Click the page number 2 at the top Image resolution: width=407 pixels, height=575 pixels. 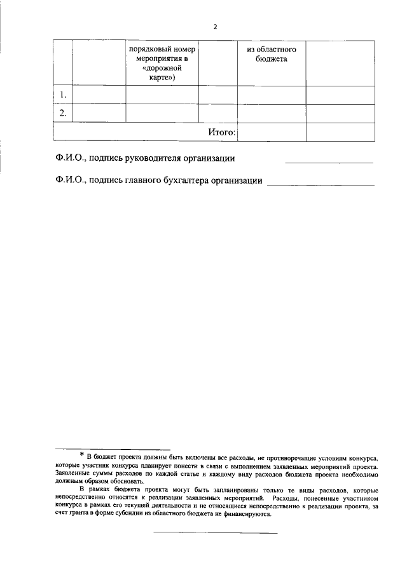point(216,27)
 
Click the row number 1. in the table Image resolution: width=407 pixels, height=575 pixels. point(62,95)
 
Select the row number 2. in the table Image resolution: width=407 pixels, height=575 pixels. point(62,113)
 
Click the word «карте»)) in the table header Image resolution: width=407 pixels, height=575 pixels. point(162,78)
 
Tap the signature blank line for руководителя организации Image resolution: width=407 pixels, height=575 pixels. point(329,163)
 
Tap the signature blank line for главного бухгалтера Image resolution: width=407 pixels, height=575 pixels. point(321,185)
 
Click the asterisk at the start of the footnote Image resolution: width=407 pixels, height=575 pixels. point(82,454)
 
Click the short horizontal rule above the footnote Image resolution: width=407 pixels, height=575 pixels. point(113,449)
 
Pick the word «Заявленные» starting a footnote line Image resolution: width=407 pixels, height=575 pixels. point(74,473)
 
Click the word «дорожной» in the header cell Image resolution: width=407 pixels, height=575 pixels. point(162,69)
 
